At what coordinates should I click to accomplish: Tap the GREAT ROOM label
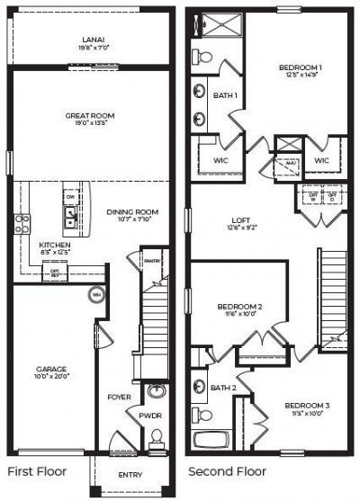89,115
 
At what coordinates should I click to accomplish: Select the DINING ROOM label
131,212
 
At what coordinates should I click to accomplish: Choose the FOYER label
120,397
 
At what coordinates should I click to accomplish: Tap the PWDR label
149,416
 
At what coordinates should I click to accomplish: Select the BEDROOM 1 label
300,68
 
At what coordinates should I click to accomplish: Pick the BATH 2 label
223,388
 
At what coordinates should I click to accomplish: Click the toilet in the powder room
155,437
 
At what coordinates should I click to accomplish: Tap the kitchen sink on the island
69,217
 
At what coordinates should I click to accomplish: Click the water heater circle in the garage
96,294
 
